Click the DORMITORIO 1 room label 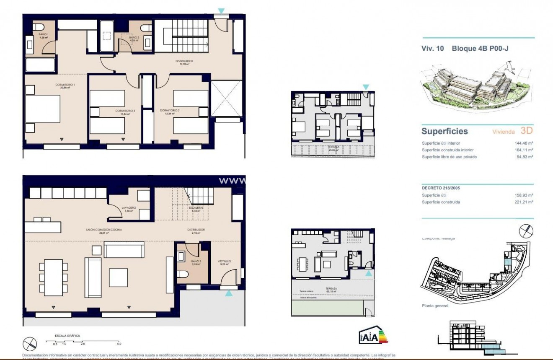point(65,85)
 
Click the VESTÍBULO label point(224,262)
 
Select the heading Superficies point(444,131)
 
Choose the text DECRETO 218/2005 point(441,188)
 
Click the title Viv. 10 point(432,48)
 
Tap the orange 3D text point(526,131)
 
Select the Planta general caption point(435,306)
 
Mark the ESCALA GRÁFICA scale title point(67,336)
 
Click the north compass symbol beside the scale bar point(30,344)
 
